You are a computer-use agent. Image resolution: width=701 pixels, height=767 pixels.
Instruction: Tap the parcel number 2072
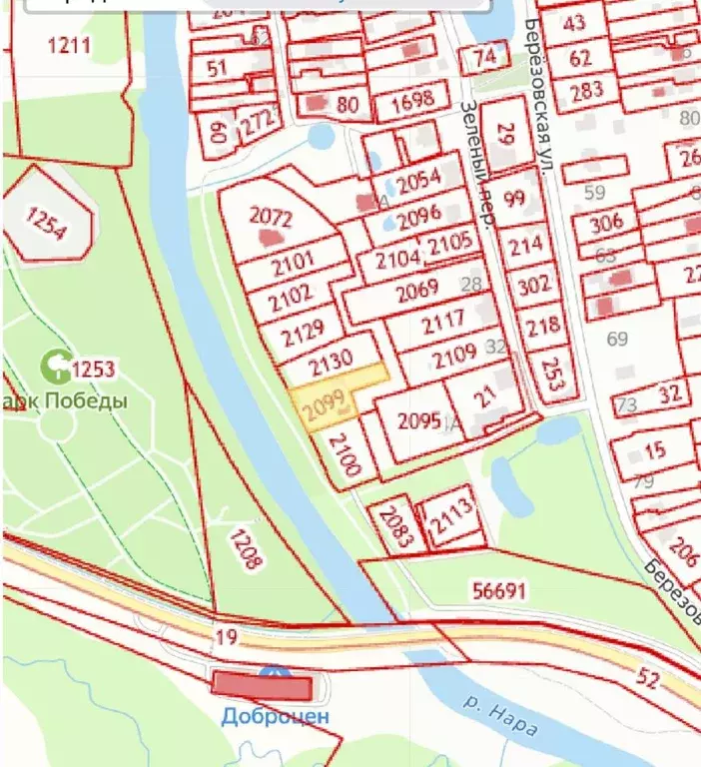coord(270,217)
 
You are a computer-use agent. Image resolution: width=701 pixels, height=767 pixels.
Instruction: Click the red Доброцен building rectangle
coord(263,686)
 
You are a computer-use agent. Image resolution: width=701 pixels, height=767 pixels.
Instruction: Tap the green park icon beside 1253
coord(53,368)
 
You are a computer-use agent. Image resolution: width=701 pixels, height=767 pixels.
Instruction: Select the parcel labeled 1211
coord(68,45)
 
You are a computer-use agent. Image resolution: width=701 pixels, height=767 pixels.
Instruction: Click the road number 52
coord(646,679)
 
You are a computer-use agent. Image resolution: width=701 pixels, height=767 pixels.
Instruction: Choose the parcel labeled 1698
coord(411,99)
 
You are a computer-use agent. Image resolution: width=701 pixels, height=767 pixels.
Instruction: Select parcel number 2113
coord(451,518)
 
